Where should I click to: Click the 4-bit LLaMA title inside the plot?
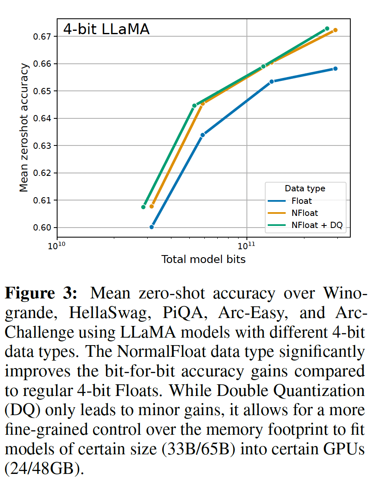[106, 30]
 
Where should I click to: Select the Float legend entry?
[302, 201]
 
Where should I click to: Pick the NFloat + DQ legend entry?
[317, 225]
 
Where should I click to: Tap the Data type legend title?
[305, 188]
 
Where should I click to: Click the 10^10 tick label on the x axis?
[56, 245]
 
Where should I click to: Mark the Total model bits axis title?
[204, 260]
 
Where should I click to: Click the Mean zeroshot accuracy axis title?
[25, 127]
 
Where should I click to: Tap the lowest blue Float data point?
[151, 227]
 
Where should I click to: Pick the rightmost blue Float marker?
[335, 68]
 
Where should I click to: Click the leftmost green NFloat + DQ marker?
[143, 207]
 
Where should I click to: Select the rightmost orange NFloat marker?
[335, 30]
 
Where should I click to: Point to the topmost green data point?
[327, 29]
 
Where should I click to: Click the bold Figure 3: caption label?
[41, 293]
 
